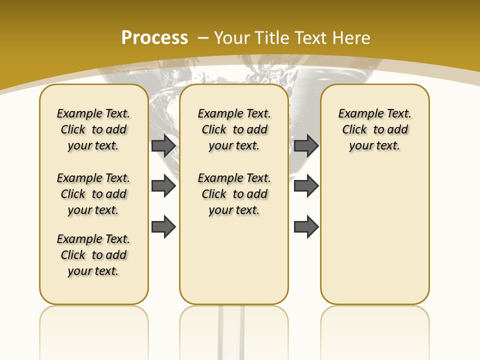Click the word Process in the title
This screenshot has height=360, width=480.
click(154, 37)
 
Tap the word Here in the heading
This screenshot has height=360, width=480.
click(352, 38)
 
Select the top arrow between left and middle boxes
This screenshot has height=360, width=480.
click(163, 145)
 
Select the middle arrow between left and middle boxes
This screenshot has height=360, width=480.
click(163, 186)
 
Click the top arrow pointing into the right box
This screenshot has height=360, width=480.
click(306, 145)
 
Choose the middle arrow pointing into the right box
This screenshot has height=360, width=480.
click(306, 186)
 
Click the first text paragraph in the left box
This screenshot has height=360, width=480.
click(93, 129)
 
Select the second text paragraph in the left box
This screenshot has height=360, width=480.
click(93, 194)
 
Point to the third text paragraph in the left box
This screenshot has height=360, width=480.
click(93, 255)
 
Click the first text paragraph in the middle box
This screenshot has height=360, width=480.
click(234, 129)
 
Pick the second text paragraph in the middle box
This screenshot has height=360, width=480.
click(234, 194)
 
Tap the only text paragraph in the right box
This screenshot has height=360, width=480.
click(375, 129)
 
